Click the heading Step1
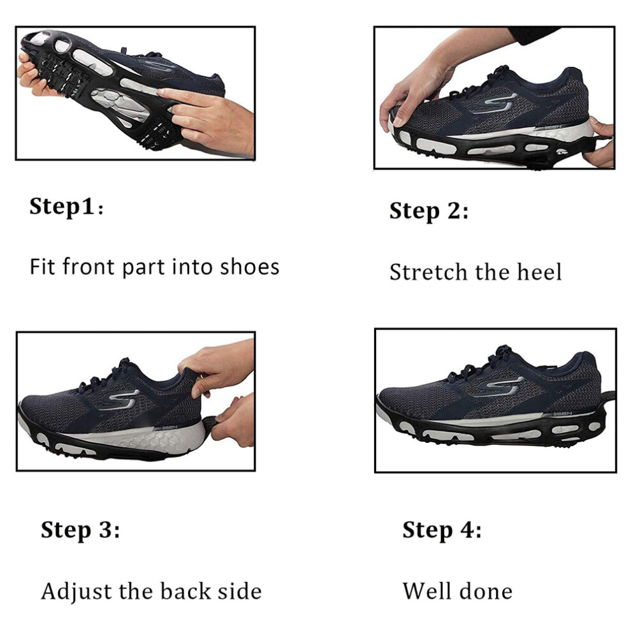[66, 207]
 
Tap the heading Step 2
[429, 211]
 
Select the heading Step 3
[80, 530]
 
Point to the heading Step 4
[442, 530]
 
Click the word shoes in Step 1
[249, 267]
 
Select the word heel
[539, 272]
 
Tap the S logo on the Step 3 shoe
[120, 400]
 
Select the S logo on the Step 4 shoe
[505, 386]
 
